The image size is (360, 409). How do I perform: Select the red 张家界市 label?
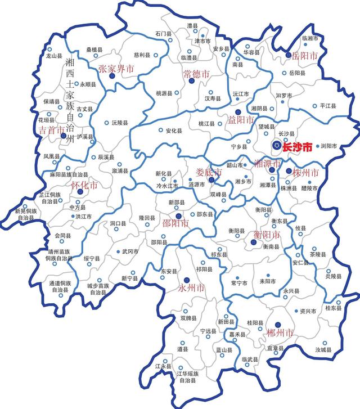coord(116,69)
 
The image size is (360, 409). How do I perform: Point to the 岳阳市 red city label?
coord(305,56)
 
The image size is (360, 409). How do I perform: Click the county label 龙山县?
coord(53,56)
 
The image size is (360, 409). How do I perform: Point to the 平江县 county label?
coord(327,106)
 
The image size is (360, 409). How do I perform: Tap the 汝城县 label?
coord(324,349)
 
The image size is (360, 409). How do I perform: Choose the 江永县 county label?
coord(163,367)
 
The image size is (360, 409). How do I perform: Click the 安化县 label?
coord(174,131)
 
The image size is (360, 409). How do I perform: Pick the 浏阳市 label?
coord(328,146)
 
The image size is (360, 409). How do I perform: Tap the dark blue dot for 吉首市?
coord(62,136)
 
